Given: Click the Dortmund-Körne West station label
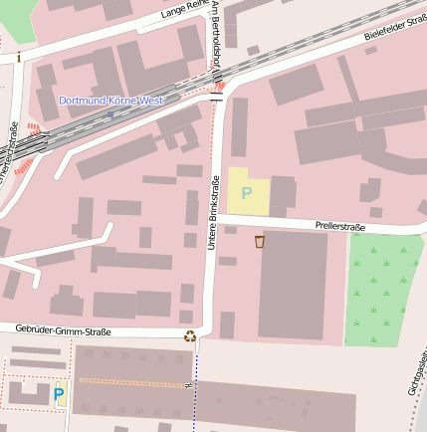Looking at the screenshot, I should coord(109,101).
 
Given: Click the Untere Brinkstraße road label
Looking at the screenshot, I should coord(212,211).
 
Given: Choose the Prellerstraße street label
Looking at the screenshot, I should coord(339,227).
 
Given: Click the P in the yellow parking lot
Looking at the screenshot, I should coord(247,192).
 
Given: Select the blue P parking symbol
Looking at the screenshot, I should coord(59,395).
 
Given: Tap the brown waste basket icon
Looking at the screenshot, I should coord(260,242).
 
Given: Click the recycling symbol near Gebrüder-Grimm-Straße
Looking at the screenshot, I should coord(189,335).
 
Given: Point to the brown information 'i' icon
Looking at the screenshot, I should coord(18,58).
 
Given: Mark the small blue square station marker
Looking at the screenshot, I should coord(109,113).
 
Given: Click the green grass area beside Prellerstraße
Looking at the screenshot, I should coord(382,289).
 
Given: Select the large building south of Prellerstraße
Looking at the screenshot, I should coord(293,285).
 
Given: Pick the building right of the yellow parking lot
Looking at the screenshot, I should coord(284,195).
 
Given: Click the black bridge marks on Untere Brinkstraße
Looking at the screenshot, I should coord(216,99).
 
